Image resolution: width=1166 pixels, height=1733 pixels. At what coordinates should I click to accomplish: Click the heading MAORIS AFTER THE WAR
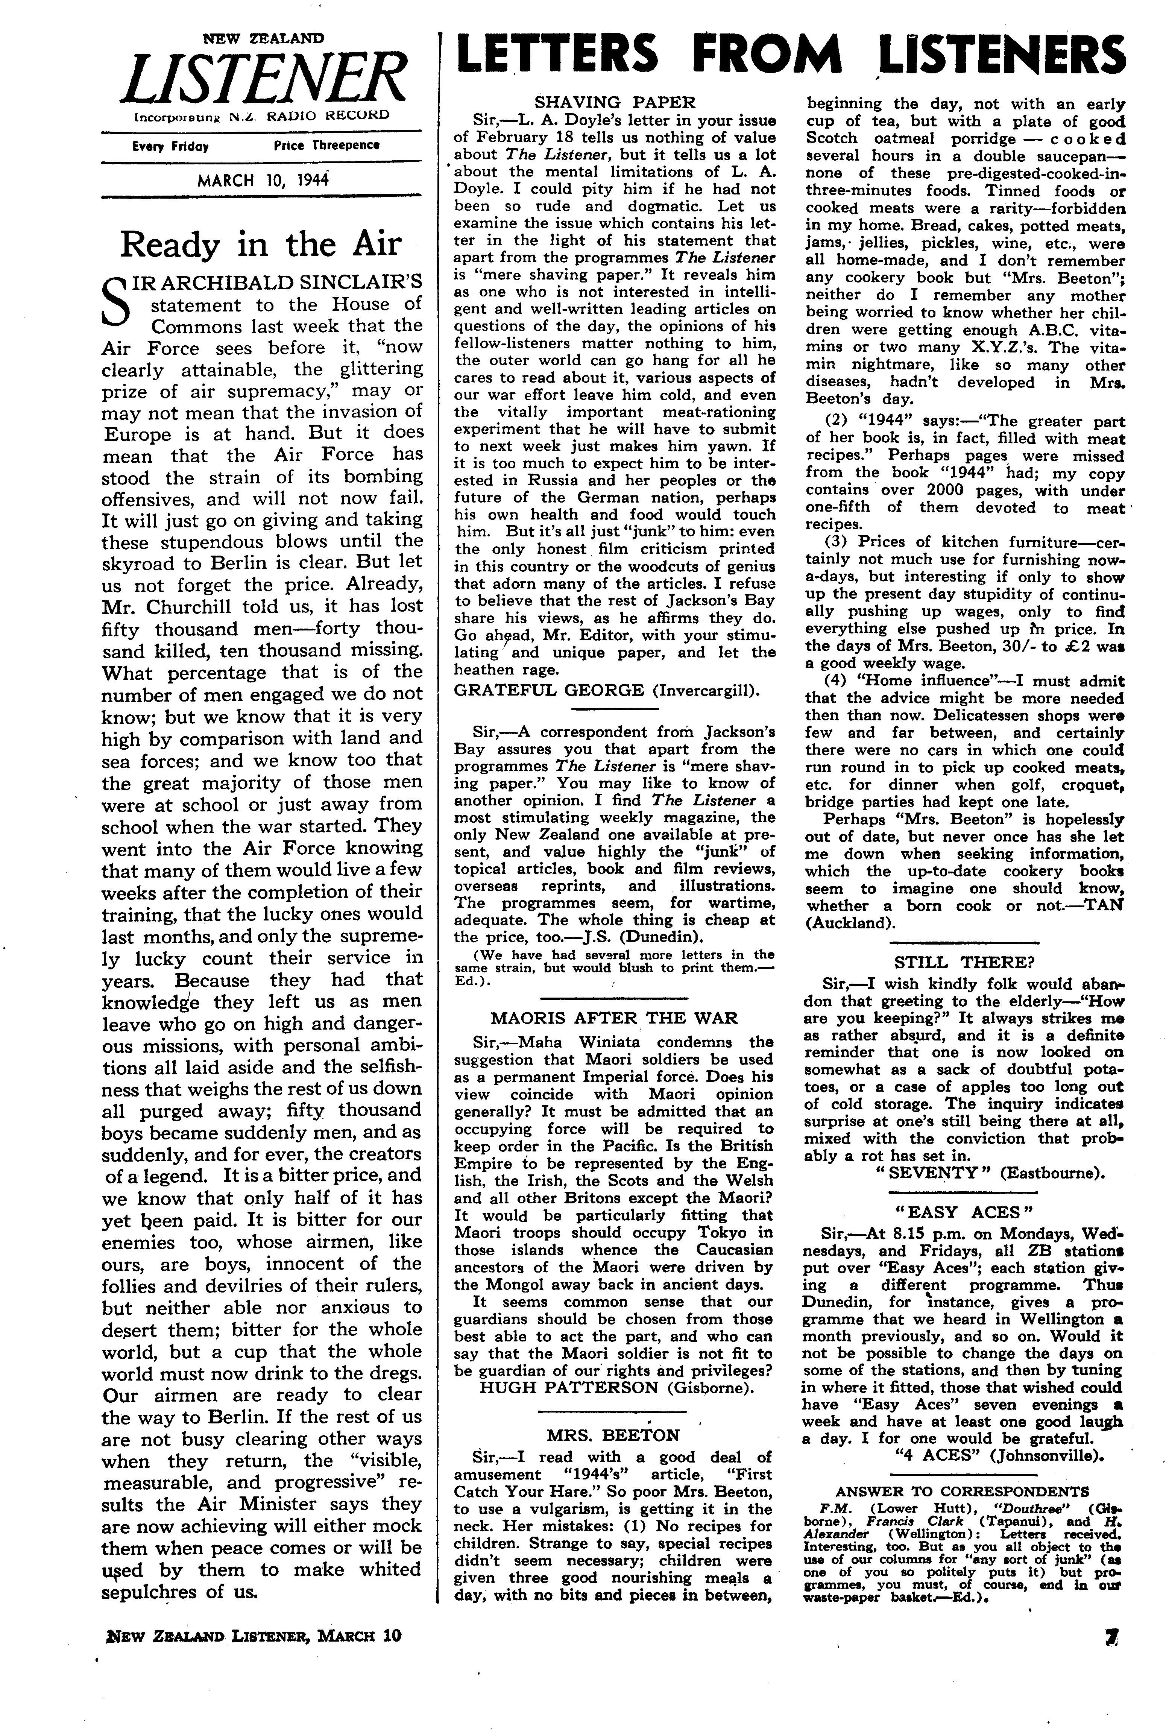pyautogui.click(x=613, y=1018)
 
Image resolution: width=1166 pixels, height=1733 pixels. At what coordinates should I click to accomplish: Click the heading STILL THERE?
pyautogui.click(x=964, y=962)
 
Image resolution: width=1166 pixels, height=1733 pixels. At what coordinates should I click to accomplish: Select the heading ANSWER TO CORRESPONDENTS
pyautogui.click(x=963, y=1491)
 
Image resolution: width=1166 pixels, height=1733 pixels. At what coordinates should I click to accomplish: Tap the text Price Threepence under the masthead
pyautogui.click(x=326, y=146)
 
